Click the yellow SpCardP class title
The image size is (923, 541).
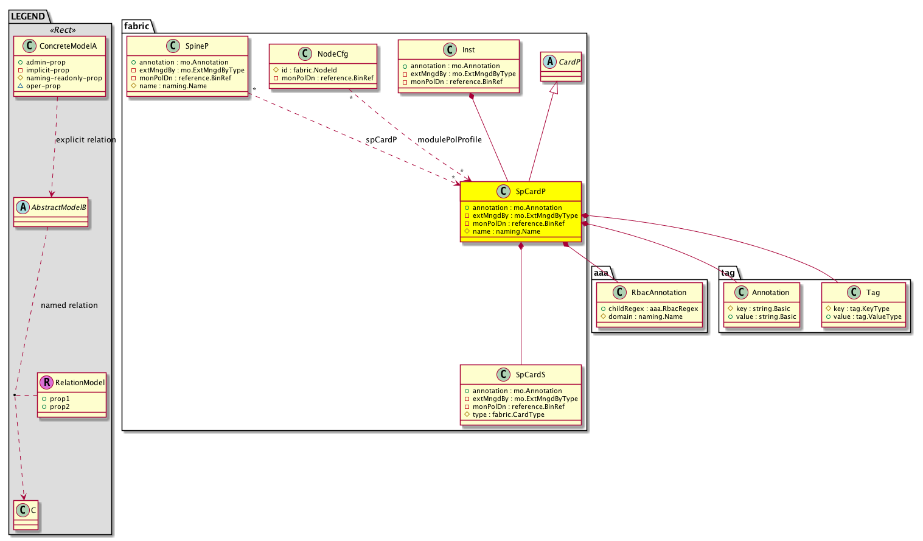(531, 192)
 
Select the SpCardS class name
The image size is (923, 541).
(531, 374)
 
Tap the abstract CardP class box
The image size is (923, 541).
(561, 66)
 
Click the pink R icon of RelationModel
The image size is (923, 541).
(47, 382)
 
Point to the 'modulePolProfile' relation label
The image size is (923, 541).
(450, 140)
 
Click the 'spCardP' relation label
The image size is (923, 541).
(381, 140)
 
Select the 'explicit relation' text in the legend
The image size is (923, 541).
(86, 140)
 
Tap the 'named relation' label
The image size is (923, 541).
(69, 305)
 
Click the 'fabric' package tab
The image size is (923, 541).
(137, 26)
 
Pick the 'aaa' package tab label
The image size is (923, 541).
(601, 273)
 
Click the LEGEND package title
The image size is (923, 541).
(28, 16)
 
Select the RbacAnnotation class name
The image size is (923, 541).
(659, 293)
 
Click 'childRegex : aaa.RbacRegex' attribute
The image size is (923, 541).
(653, 309)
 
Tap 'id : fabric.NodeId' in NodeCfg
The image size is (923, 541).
(309, 70)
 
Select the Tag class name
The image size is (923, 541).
(872, 293)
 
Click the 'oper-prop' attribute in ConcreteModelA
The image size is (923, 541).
(43, 86)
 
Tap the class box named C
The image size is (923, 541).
(26, 515)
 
